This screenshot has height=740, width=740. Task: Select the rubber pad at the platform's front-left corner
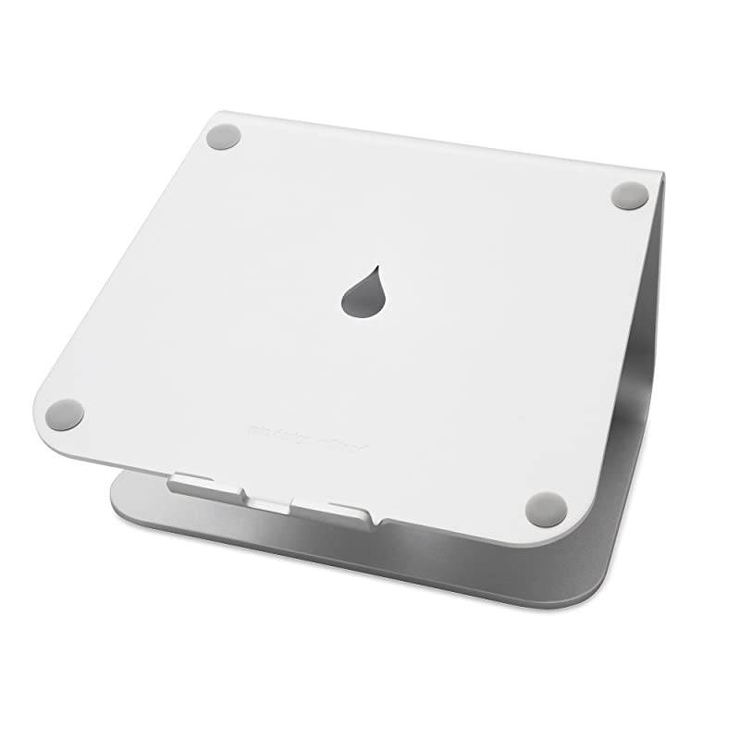click(x=65, y=413)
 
